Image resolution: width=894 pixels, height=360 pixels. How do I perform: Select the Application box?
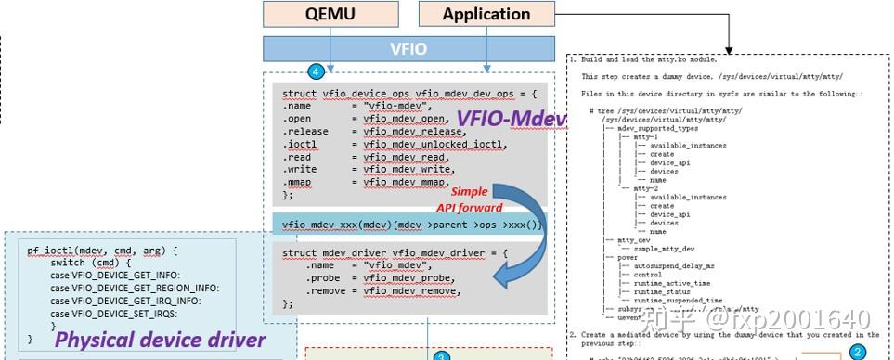click(x=485, y=14)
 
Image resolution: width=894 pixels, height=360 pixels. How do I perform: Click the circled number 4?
click(x=317, y=71)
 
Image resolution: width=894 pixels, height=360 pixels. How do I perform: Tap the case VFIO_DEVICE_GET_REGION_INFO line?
click(x=136, y=288)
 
